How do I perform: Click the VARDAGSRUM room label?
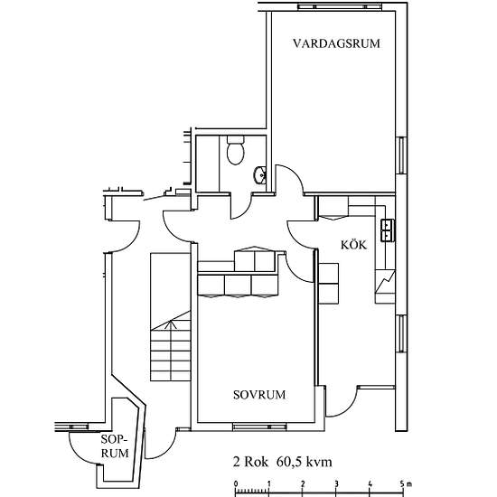334,43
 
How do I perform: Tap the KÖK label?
352,245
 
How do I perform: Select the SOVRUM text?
258,395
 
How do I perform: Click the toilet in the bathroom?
235,150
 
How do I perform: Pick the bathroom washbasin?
258,174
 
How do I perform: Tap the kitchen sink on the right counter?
388,230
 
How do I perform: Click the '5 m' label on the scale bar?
406,483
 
